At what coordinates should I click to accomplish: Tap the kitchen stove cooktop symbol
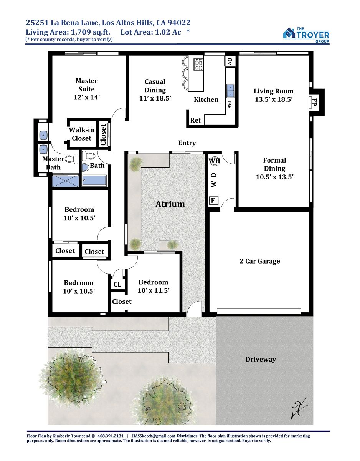tap(199, 64)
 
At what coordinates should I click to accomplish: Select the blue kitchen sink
tap(230, 90)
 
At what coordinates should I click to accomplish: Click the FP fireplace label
tap(314, 102)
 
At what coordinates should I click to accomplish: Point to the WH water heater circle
tap(215, 161)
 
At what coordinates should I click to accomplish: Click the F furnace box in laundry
tap(213, 200)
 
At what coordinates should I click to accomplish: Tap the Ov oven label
tap(230, 61)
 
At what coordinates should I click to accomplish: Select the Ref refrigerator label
tap(195, 120)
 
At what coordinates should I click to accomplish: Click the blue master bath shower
tap(65, 181)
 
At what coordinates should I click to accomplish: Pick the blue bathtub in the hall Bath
tap(94, 180)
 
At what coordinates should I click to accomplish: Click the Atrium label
tap(170, 204)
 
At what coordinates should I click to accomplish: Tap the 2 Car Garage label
tap(260, 261)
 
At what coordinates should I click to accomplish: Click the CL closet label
tap(117, 284)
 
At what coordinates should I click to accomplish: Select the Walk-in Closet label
tap(82, 134)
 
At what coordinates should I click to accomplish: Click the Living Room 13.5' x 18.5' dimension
tap(274, 99)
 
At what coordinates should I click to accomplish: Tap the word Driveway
tap(261, 359)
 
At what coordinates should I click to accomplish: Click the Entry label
tap(187, 143)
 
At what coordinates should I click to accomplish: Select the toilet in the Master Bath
tap(72, 159)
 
